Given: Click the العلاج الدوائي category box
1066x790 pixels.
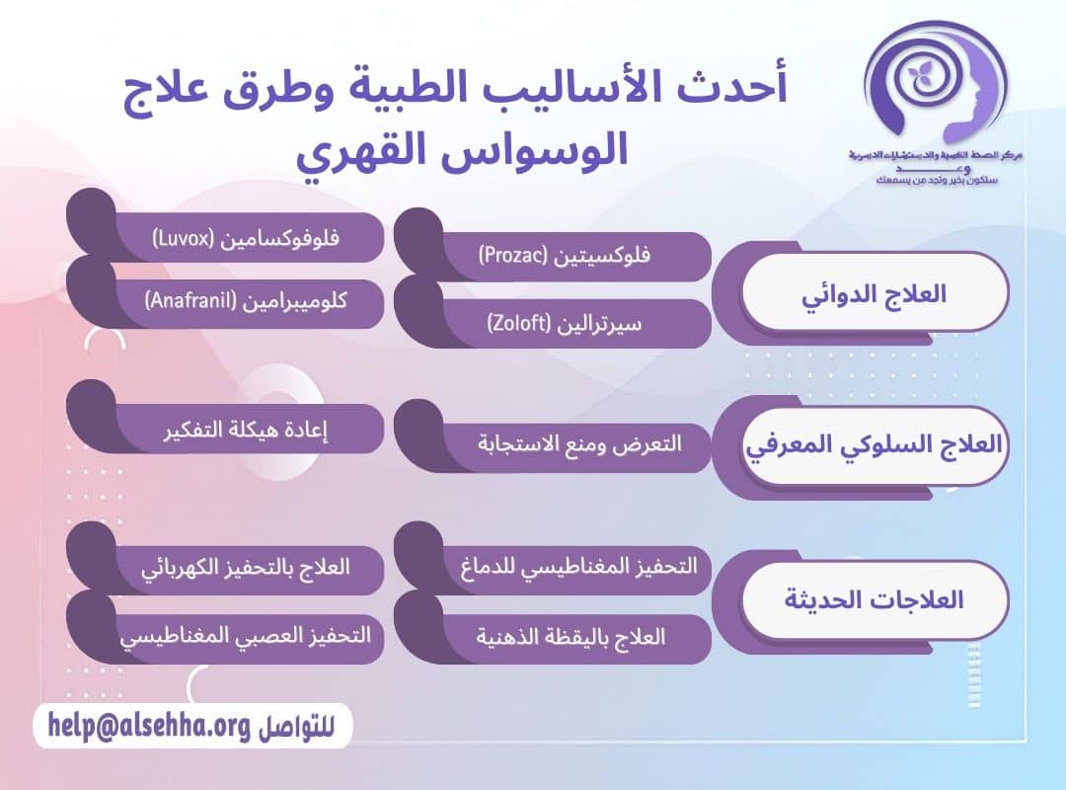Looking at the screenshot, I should click(875, 293).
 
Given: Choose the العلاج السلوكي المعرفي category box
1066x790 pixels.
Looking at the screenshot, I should click(875, 445).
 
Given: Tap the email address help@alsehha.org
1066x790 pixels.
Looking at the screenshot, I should click(148, 726).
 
